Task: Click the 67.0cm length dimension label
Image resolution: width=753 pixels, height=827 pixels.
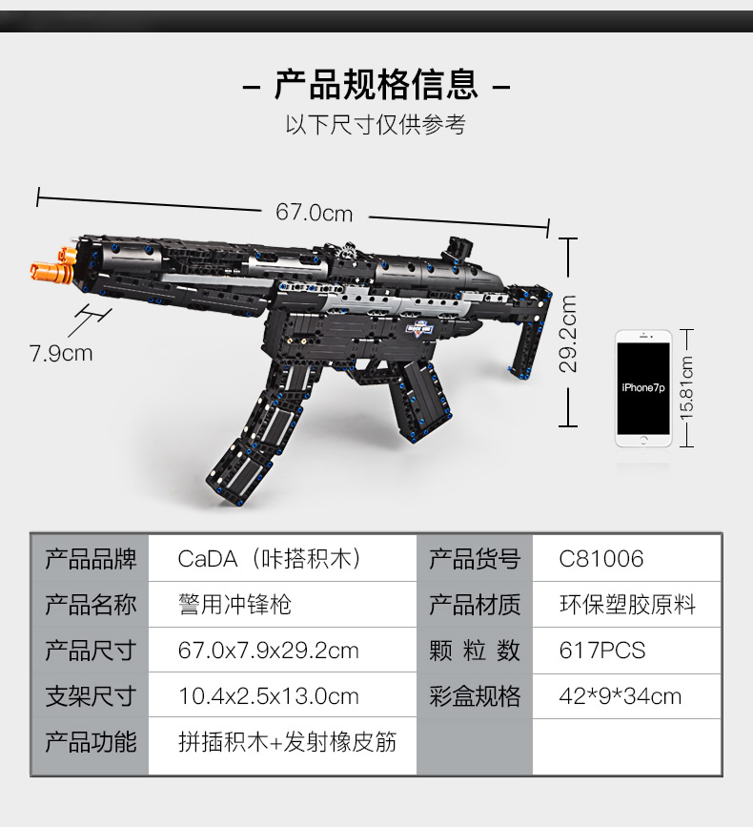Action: (314, 213)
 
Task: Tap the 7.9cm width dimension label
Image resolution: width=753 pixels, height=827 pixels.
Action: (61, 353)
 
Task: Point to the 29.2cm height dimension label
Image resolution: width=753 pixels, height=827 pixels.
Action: (568, 334)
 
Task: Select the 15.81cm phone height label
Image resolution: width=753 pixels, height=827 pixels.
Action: (686, 388)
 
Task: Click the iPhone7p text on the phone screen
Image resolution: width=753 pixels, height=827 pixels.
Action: (643, 387)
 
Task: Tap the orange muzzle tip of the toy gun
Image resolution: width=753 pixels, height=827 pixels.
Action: (52, 265)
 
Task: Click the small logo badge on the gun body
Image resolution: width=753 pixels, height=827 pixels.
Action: (419, 329)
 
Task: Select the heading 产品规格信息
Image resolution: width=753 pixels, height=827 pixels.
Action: (376, 84)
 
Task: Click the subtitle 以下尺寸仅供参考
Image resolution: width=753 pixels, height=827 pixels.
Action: (376, 125)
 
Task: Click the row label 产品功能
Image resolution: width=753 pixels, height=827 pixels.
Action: (91, 741)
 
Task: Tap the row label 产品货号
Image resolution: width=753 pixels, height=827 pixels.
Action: (475, 559)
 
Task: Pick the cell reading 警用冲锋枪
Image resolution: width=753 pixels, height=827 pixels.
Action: (234, 605)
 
